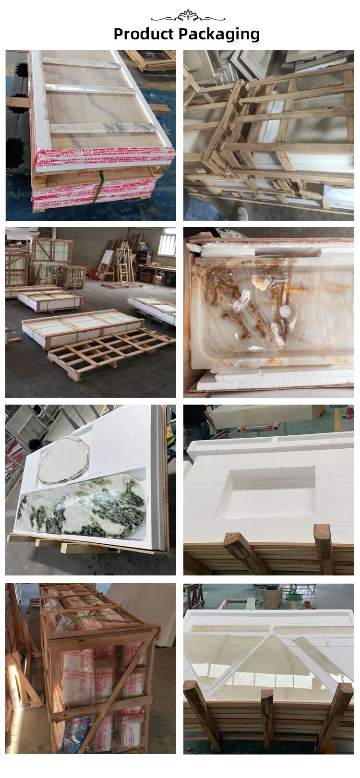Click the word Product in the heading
coord(144,34)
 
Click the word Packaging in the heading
coord(219,35)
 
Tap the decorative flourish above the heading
coord(188,16)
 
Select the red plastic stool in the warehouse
coord(93,274)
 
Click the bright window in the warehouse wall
coord(166,245)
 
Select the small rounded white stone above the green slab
coord(64,459)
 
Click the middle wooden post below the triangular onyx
coord(267,718)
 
